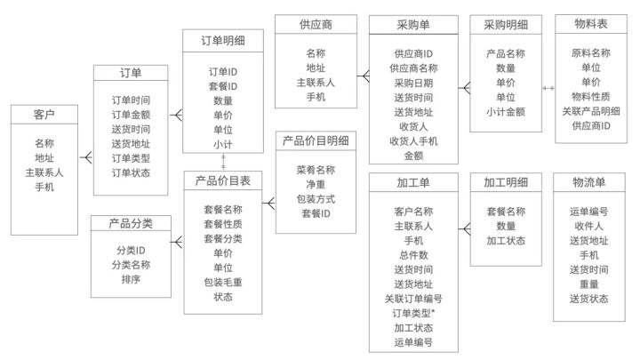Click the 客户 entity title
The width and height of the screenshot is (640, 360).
[44, 116]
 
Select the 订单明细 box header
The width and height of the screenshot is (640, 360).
[223, 41]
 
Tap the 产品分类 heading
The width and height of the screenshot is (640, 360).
[131, 222]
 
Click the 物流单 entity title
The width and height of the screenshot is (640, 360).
[589, 183]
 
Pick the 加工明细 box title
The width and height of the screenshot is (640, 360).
[506, 183]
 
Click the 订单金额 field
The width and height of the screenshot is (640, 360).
[131, 114]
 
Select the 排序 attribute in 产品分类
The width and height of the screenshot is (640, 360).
[131, 279]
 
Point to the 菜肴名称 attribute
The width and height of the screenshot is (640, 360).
[316, 169]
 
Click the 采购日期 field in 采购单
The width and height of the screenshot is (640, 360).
[413, 83]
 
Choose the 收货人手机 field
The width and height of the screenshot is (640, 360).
[413, 140]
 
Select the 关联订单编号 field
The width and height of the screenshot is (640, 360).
[413, 299]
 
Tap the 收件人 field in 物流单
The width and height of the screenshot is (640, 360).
[589, 226]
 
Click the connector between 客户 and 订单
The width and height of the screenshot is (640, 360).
[85, 157]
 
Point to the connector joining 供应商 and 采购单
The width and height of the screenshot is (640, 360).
[362, 76]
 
